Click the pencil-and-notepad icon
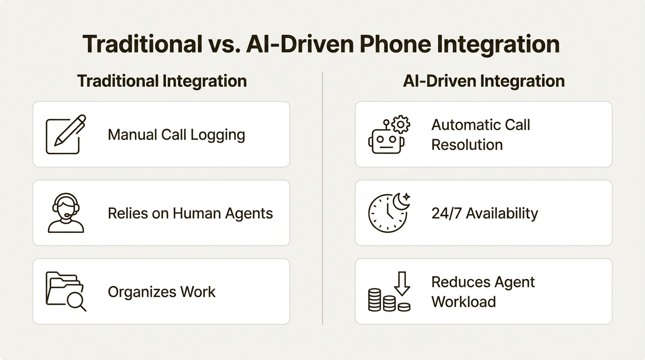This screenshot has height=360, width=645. (x=66, y=134)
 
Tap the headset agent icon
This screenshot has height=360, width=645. (x=66, y=213)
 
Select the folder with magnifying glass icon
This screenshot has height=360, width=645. (x=66, y=292)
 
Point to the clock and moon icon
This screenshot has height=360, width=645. (x=389, y=213)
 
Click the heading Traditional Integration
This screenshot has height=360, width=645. (x=162, y=81)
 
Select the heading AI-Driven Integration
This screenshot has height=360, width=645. (x=484, y=81)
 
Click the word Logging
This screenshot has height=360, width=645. (x=217, y=135)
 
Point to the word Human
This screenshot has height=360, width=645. (x=196, y=213)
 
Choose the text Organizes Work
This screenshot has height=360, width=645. (x=162, y=292)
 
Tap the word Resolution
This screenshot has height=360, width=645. (x=467, y=144)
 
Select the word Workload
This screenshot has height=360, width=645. (x=464, y=301)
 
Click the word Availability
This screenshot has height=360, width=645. (x=501, y=213)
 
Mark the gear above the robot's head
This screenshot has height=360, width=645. (x=400, y=125)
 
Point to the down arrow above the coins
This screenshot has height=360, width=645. (x=402, y=283)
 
